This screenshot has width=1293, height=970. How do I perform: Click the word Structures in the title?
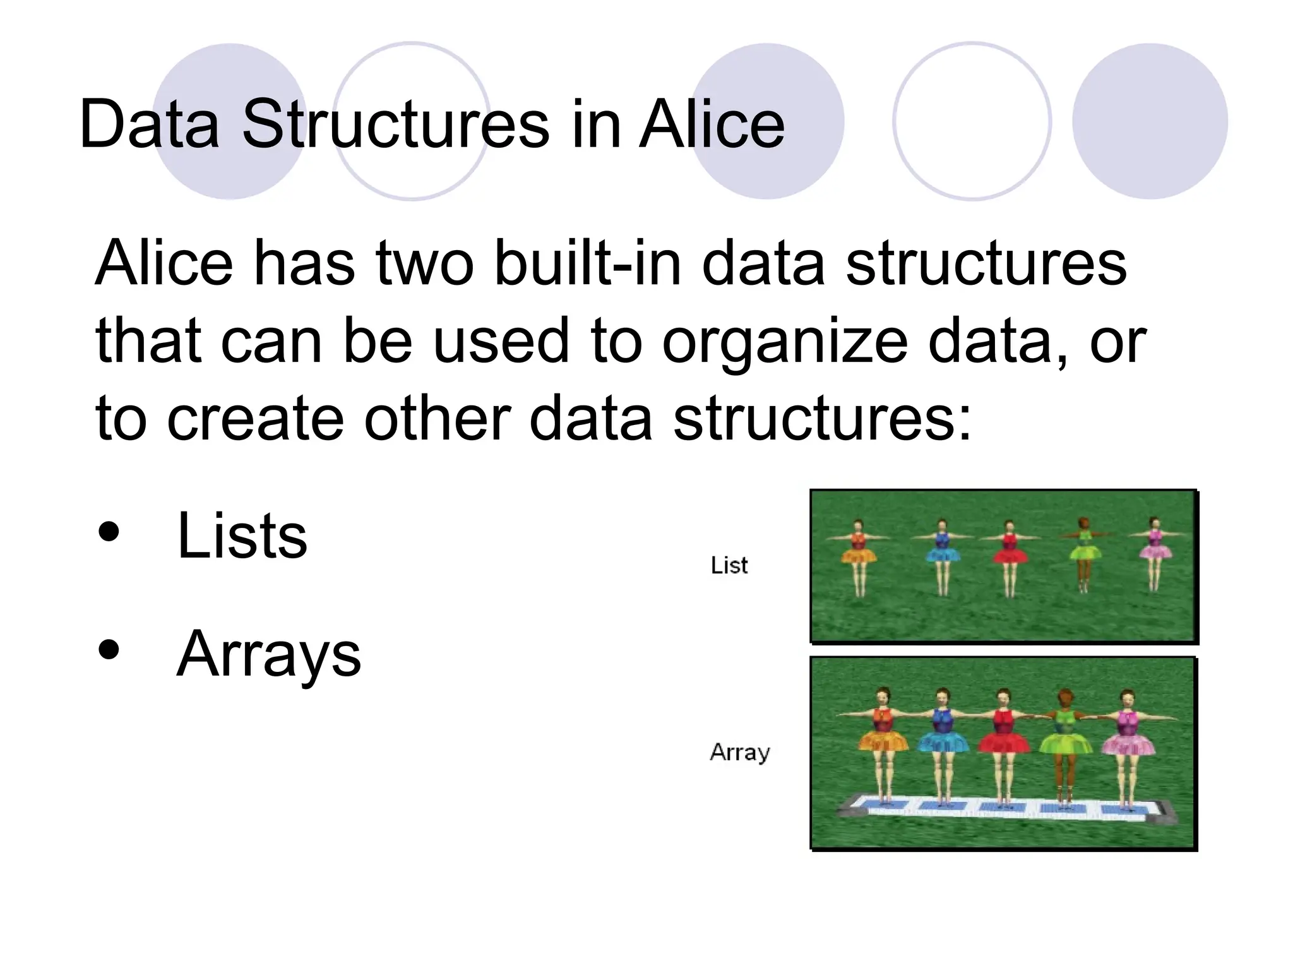(396, 124)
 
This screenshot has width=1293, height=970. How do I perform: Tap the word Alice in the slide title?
(712, 124)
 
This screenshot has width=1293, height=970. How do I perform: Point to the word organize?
(785, 342)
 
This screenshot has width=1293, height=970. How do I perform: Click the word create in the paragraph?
(255, 419)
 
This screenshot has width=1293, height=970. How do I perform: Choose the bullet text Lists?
(242, 536)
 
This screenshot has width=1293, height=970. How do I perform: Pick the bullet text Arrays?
(269, 654)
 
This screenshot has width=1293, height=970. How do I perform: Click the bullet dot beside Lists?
(109, 532)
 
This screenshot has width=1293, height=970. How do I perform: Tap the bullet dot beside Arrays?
(109, 650)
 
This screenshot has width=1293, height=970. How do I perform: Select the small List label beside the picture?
(729, 565)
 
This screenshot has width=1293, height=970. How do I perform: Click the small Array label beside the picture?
(740, 752)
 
